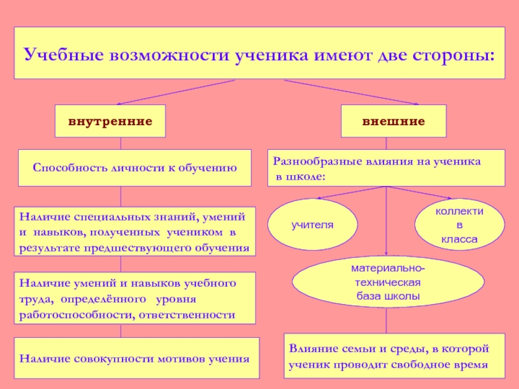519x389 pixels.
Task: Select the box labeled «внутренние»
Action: click(110, 121)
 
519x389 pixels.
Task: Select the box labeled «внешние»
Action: click(394, 121)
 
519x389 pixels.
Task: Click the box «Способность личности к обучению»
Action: click(134, 168)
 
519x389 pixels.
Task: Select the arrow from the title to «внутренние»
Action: click(175, 91)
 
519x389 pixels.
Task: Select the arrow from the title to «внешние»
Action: click(350, 92)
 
